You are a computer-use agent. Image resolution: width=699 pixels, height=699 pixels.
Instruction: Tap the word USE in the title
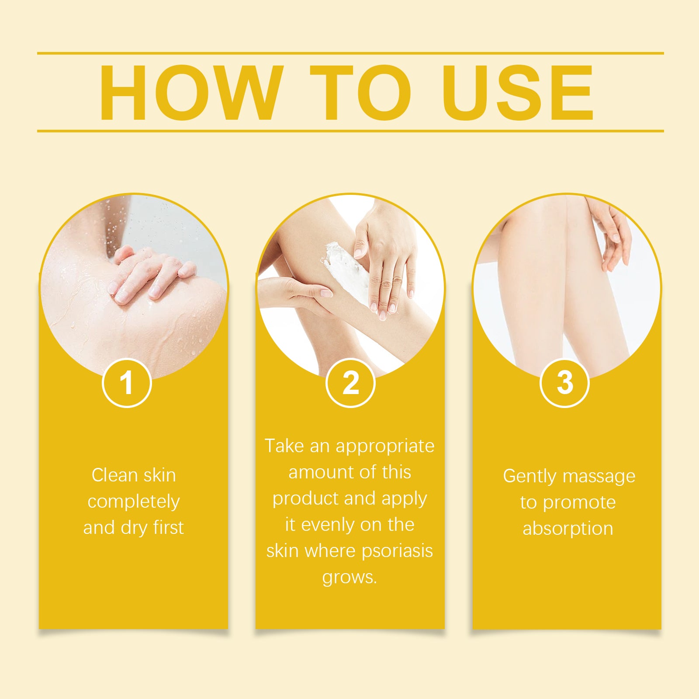[517, 93]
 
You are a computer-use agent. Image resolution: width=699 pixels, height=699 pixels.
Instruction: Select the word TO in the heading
[360, 93]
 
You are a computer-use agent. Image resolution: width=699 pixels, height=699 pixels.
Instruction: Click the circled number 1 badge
[127, 383]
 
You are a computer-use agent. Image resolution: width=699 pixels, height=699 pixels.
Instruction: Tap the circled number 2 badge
[350, 383]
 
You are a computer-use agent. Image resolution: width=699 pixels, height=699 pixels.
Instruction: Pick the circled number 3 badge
[564, 383]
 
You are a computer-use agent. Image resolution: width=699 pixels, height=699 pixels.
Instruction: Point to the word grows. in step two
[349, 578]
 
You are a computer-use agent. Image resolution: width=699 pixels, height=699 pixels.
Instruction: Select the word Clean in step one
[109, 475]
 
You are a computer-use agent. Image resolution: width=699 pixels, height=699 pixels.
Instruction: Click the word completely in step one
[134, 502]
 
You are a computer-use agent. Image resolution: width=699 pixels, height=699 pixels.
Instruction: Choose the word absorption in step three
[568, 529]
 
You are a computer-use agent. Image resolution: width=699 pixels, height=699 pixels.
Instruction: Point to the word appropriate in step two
[385, 446]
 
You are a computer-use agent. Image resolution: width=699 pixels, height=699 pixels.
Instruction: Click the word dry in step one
[134, 528]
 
